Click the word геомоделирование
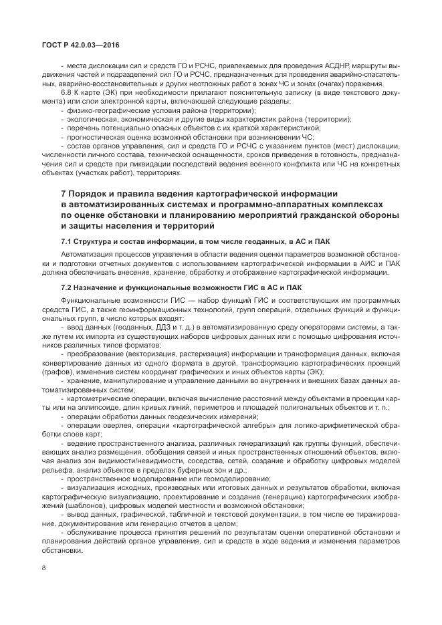point(221,479)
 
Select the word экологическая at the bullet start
point(90,119)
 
